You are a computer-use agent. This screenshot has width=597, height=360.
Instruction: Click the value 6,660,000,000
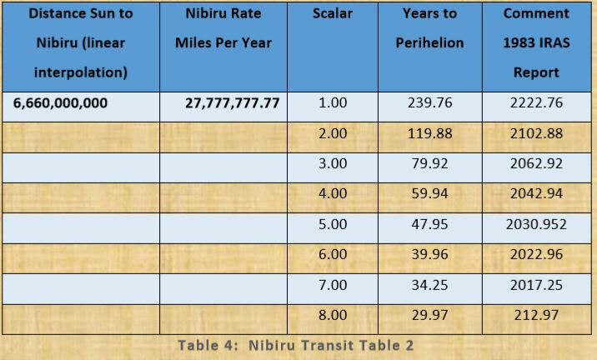pos(61,104)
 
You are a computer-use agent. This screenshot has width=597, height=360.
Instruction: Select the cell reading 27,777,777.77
pos(232,104)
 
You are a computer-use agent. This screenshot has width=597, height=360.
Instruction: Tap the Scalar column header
pos(333,14)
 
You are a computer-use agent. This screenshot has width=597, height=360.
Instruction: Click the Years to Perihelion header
pos(429,28)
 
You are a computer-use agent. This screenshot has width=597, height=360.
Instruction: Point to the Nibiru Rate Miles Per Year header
pos(223,28)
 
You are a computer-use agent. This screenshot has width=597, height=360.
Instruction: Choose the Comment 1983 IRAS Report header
pos(536,43)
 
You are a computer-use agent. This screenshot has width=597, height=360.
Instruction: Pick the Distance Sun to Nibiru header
pos(80,43)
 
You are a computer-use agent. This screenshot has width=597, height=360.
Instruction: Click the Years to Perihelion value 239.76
pos(429,104)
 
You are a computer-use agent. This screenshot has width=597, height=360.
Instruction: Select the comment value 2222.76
pos(536,104)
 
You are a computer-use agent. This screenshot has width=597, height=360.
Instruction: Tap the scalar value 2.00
pos(333,134)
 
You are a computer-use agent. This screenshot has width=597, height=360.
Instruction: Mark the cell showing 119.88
pos(429,134)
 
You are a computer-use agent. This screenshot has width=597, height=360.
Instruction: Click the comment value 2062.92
pos(536,164)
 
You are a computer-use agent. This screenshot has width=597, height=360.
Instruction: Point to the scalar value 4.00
pos(333,194)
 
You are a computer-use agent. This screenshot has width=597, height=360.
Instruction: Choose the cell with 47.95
pos(429,224)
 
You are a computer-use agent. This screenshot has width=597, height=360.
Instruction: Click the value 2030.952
pos(536,224)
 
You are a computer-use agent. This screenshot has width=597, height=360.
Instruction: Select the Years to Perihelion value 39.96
pos(429,255)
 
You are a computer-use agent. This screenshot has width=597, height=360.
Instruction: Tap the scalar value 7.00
pos(333,285)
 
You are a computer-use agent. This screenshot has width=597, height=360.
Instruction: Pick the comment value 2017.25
pos(536,285)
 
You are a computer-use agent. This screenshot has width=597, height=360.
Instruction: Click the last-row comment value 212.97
pos(536,315)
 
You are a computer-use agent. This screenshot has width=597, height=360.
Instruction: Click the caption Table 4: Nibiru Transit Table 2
pos(296,345)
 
